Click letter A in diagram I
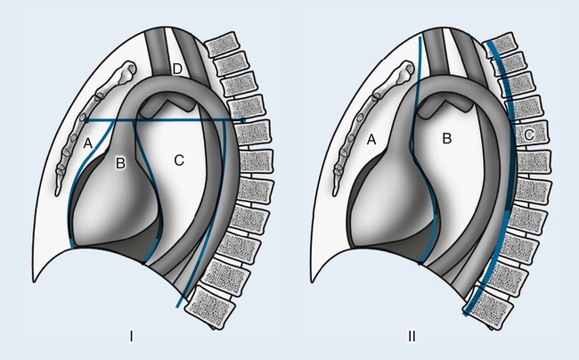coord(87,141)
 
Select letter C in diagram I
coord(178,160)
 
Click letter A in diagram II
coord(371,139)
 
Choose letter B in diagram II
coord(449,138)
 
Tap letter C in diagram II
coord(529,135)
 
